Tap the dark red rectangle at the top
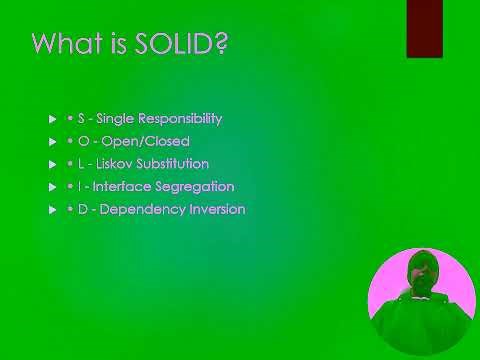click(x=424, y=28)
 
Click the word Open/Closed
click(x=146, y=141)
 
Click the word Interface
click(x=122, y=187)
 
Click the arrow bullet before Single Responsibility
click(x=53, y=119)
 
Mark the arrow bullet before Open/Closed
click(x=53, y=142)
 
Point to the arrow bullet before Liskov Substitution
click(x=53, y=164)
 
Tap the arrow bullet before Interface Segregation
click(x=53, y=187)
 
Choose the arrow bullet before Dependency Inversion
click(x=53, y=210)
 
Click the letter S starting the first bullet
click(x=81, y=118)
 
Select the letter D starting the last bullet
click(x=83, y=210)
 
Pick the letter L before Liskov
click(x=81, y=164)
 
